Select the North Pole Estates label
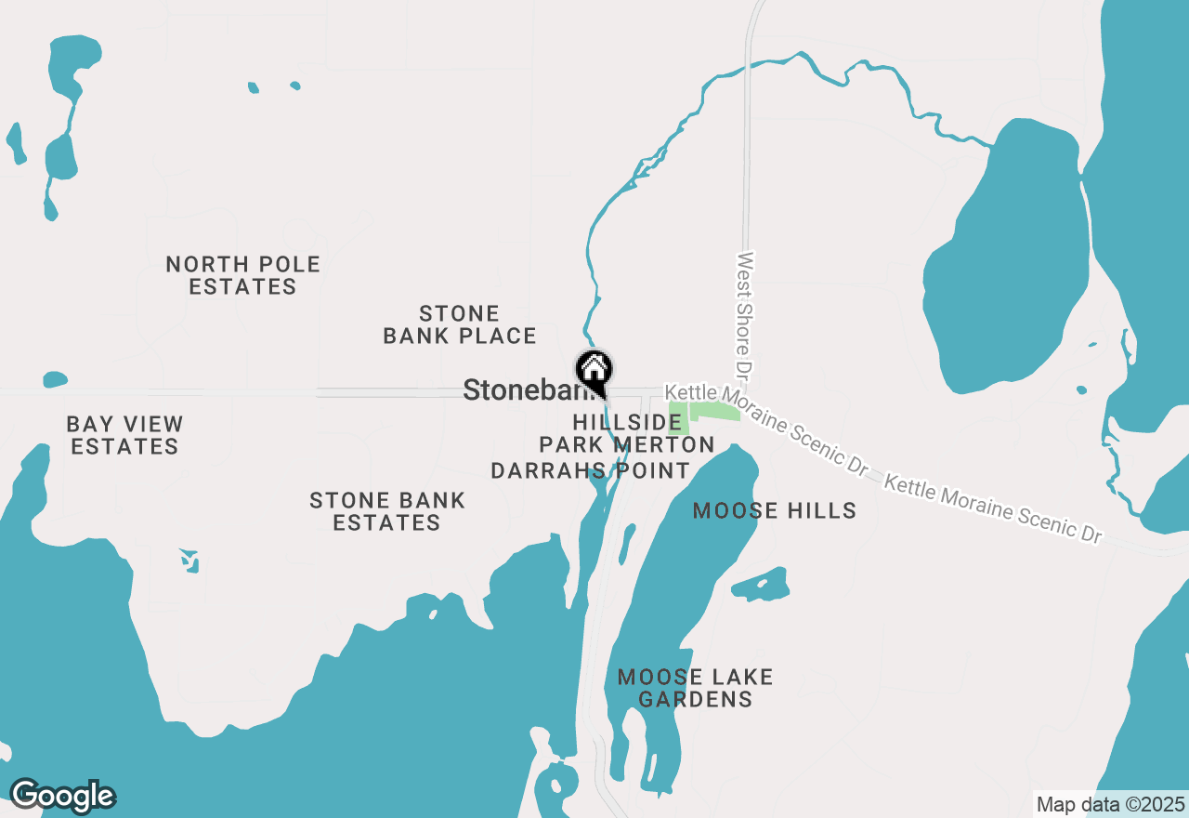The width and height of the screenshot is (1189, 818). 242,275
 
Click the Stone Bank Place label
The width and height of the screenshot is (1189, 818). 460,324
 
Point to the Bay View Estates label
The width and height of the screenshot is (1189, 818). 124,435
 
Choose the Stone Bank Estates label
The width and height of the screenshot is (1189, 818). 386,511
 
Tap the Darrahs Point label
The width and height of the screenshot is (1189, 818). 590,470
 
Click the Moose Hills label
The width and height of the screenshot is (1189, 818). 775,510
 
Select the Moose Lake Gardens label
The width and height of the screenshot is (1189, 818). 695,688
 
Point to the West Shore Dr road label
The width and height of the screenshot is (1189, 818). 743,316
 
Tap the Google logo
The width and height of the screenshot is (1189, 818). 62,796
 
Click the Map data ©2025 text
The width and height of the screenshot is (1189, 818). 1110,804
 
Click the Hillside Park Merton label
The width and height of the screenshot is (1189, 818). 627,433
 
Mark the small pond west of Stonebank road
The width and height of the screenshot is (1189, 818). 55,379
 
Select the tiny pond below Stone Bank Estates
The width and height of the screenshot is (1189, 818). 189,560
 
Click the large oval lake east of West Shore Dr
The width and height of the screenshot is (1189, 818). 1008,270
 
